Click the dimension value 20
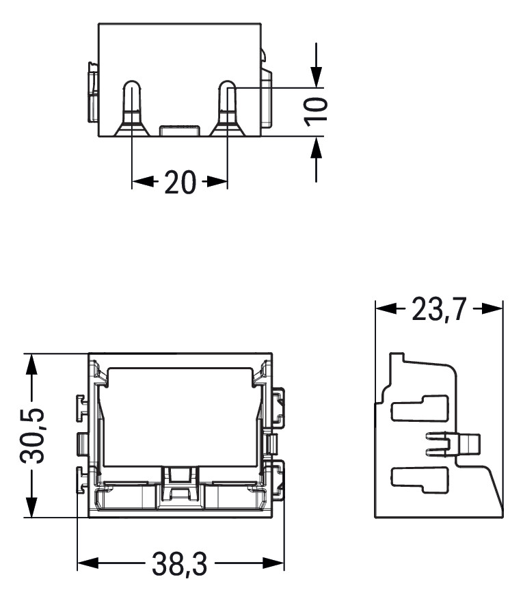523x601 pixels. [x=180, y=183]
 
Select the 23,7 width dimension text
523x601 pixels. [x=438, y=310]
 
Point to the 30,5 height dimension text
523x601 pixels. [x=31, y=436]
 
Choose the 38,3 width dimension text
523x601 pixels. [x=180, y=565]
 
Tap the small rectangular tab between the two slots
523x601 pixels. [x=179, y=131]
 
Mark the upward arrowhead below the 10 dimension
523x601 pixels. [x=317, y=147]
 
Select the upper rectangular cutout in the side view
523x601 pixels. [x=418, y=408]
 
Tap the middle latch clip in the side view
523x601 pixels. [x=455, y=444]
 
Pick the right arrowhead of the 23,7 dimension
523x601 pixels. [x=492, y=308]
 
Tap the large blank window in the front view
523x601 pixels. [x=180, y=417]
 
